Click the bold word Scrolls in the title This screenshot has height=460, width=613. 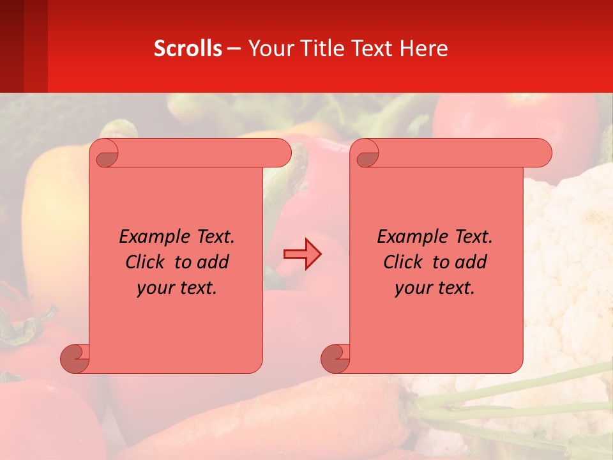click(188, 48)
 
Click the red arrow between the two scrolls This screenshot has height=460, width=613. click(302, 254)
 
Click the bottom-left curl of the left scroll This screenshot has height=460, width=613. click(75, 359)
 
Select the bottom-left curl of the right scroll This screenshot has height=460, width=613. click(336, 359)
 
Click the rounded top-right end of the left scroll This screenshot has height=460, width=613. click(282, 153)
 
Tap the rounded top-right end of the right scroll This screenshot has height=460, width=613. click(542, 153)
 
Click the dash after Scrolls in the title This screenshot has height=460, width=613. click(234, 48)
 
